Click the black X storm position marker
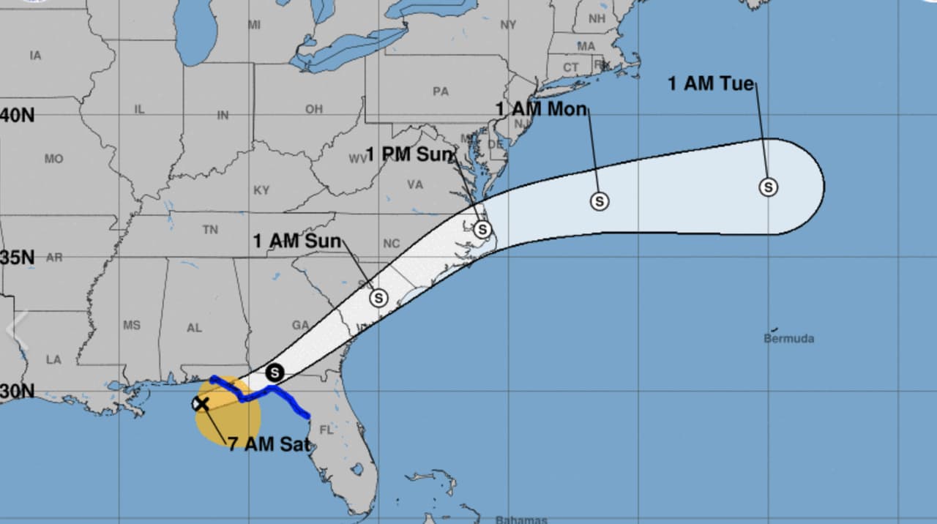tap(200, 403)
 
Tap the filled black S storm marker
tap(275, 373)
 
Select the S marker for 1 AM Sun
tap(378, 298)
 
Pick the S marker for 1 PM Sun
tap(481, 230)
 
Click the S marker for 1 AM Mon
tap(600, 201)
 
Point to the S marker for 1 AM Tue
tap(768, 187)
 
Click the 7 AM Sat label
tap(265, 443)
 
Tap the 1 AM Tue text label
tap(710, 83)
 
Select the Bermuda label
tap(788, 339)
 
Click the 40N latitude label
tap(18, 115)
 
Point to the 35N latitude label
tap(18, 258)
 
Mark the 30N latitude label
tap(18, 391)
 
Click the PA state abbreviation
tap(440, 91)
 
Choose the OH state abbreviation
tap(313, 109)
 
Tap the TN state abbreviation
tap(210, 230)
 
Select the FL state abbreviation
tap(326, 430)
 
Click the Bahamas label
tap(520, 520)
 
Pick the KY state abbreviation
tap(261, 190)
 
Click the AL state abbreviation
tap(194, 328)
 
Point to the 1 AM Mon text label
tap(541, 109)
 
